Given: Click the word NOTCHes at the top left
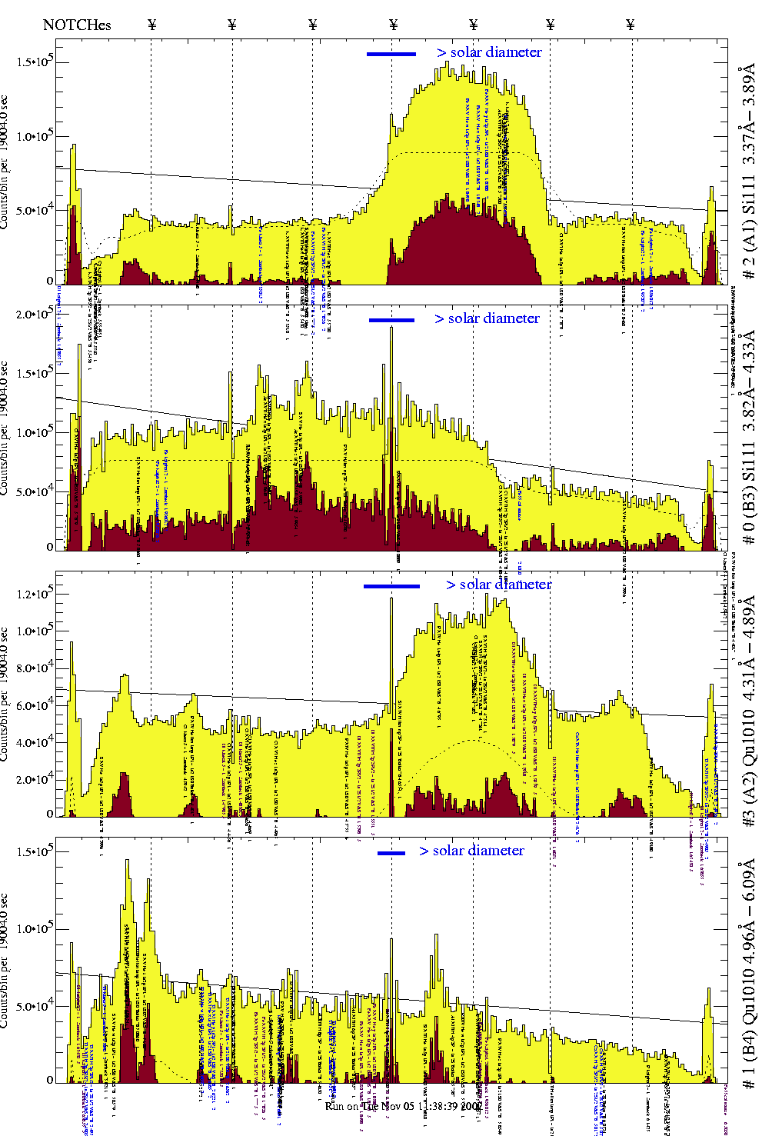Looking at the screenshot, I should pos(77,25).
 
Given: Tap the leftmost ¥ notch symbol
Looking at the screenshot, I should pos(151,25).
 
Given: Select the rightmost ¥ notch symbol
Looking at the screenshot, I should pos(631,25).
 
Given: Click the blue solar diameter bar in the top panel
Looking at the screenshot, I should pos(391,54).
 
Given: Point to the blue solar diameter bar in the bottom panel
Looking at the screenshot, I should pos(391,852).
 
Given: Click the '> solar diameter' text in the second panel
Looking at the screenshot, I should pos(487,318).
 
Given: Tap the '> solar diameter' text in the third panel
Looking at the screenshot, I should pos(498,585).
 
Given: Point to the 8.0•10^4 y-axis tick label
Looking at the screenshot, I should pos(35,667).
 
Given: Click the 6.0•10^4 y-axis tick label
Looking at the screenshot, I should pos(35,705).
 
